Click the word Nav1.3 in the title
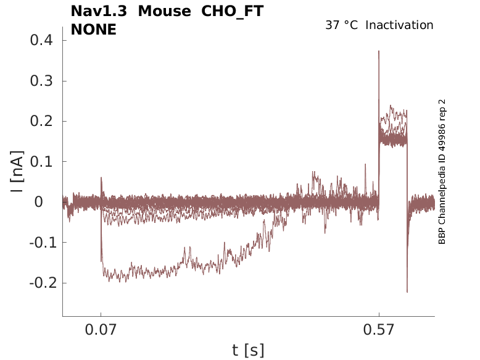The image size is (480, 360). [x=98, y=11]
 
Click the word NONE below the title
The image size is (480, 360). [x=94, y=29]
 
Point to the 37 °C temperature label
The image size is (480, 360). [x=341, y=25]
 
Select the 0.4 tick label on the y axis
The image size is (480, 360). [x=41, y=41]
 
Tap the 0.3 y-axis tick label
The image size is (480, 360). [x=41, y=82]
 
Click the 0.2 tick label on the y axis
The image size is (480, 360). [x=41, y=122]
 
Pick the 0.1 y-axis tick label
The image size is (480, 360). [x=41, y=162]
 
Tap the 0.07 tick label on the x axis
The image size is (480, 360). [x=101, y=330]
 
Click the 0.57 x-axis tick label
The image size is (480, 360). [x=379, y=330]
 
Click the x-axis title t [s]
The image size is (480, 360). [x=248, y=351]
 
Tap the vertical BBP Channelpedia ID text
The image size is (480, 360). [x=442, y=172]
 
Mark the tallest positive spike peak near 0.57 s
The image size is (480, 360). [x=379, y=51]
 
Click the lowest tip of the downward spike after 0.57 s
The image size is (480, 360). [x=407, y=291]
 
